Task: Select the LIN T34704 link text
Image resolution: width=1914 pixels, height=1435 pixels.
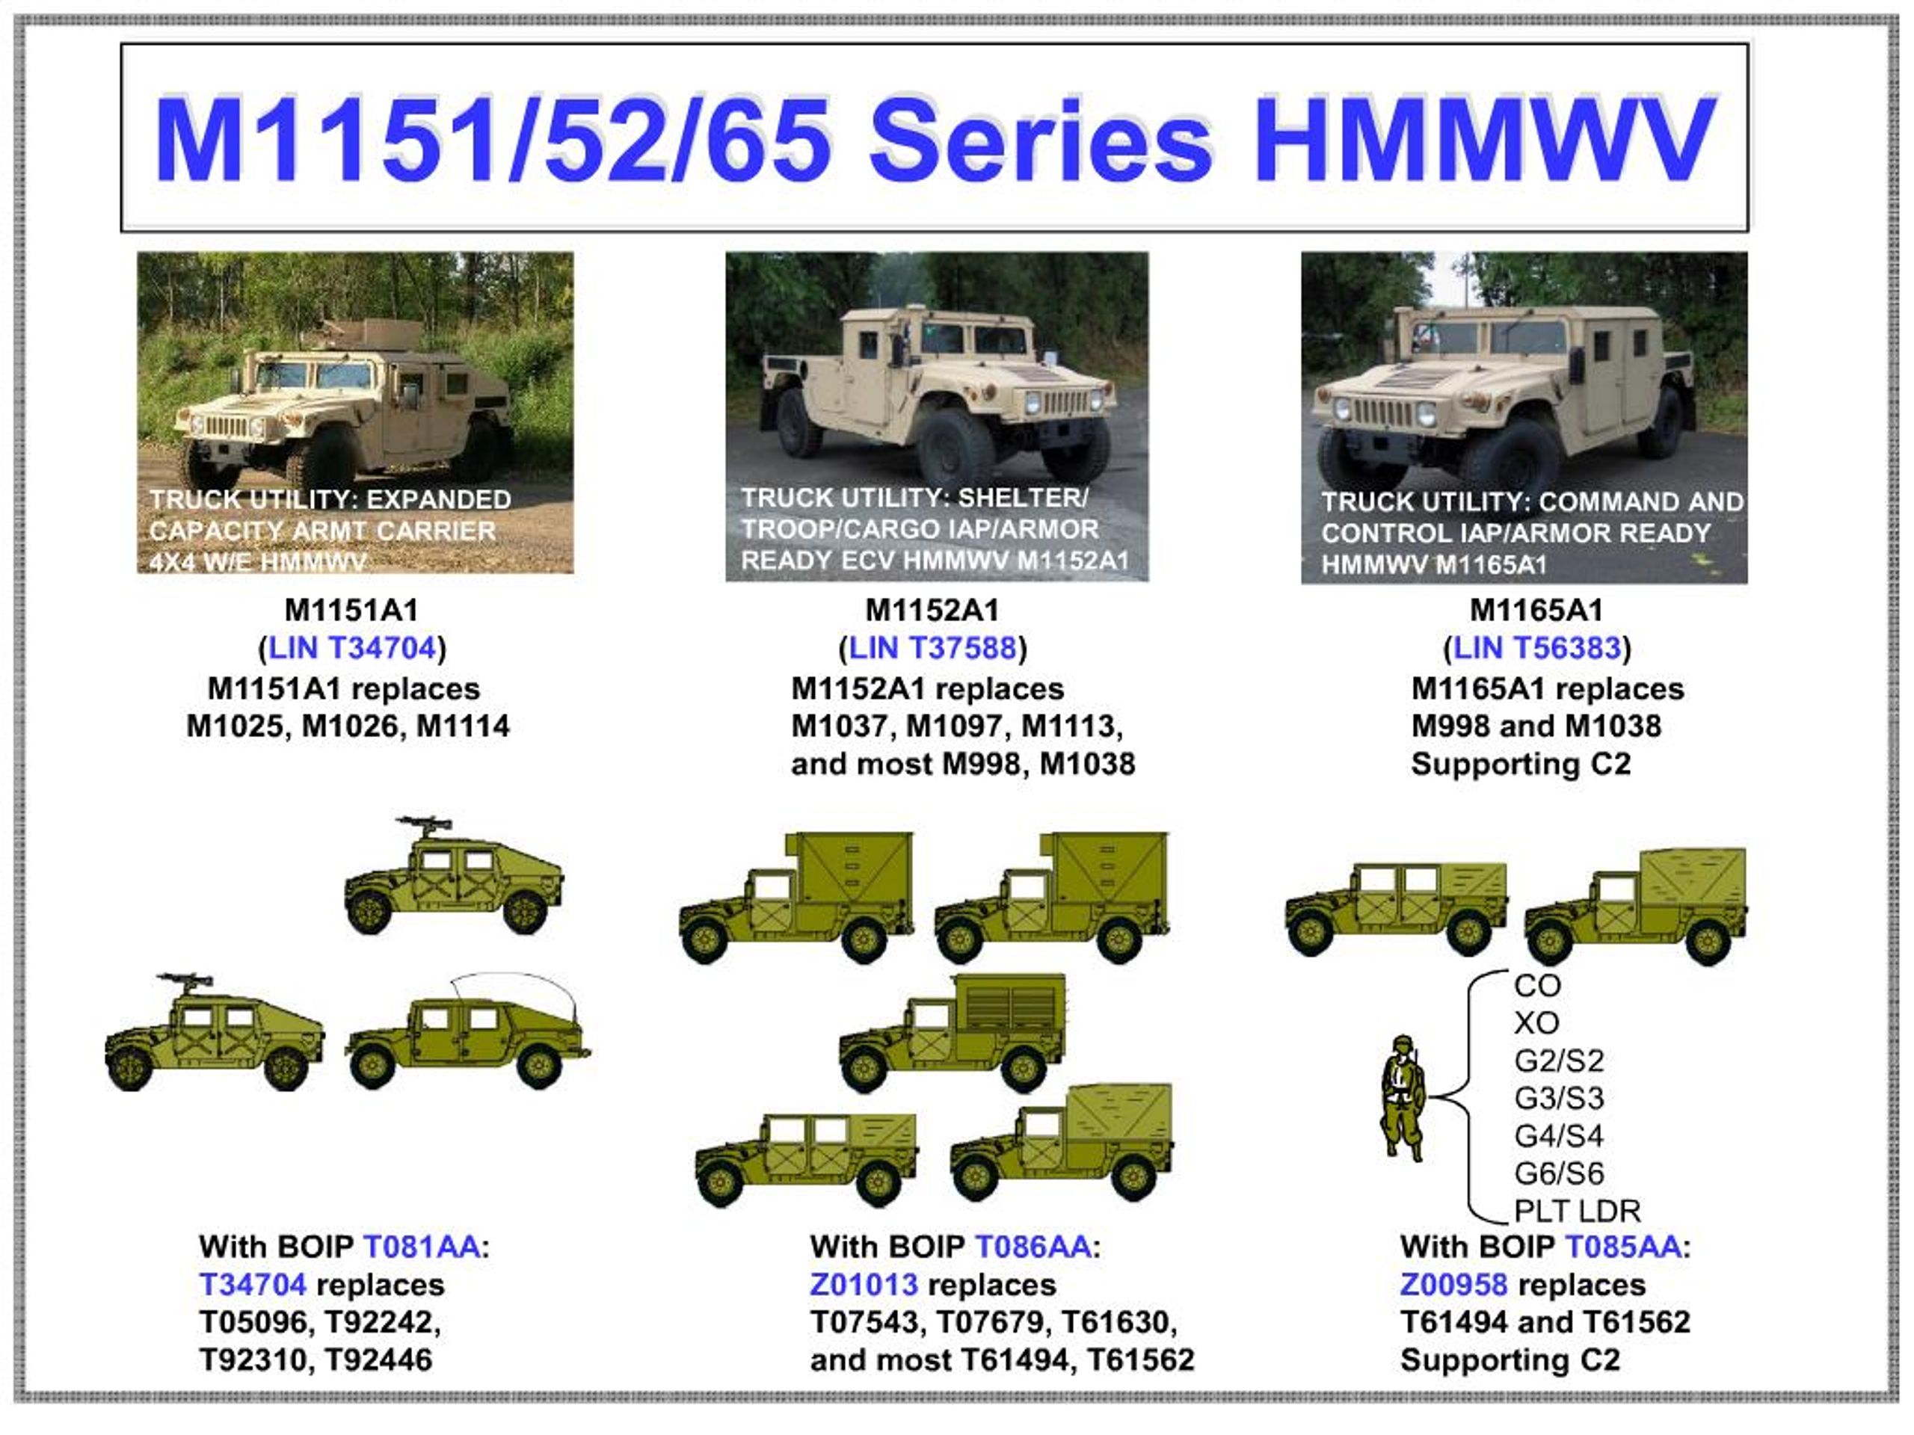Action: click(351, 648)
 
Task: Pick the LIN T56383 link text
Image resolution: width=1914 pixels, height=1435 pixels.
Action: click(1536, 648)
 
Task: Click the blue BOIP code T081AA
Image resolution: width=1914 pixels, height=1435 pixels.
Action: click(422, 1247)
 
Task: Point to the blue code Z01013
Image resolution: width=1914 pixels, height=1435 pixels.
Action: click(863, 1285)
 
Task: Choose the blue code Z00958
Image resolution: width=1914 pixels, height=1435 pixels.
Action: click(1453, 1285)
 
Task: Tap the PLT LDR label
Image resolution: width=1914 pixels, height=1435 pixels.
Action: click(1577, 1211)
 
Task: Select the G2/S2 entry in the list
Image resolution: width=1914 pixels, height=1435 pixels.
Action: click(1559, 1061)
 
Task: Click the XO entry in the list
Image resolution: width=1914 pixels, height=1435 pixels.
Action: click(1536, 1023)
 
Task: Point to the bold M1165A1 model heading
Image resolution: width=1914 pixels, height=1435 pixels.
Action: click(1536, 610)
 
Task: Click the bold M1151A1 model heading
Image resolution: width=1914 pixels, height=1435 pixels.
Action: click(351, 610)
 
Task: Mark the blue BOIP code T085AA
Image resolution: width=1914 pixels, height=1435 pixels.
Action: click(1623, 1247)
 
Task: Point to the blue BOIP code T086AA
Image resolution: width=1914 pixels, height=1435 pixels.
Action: click(1033, 1247)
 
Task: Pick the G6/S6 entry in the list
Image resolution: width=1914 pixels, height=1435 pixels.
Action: click(1559, 1173)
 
